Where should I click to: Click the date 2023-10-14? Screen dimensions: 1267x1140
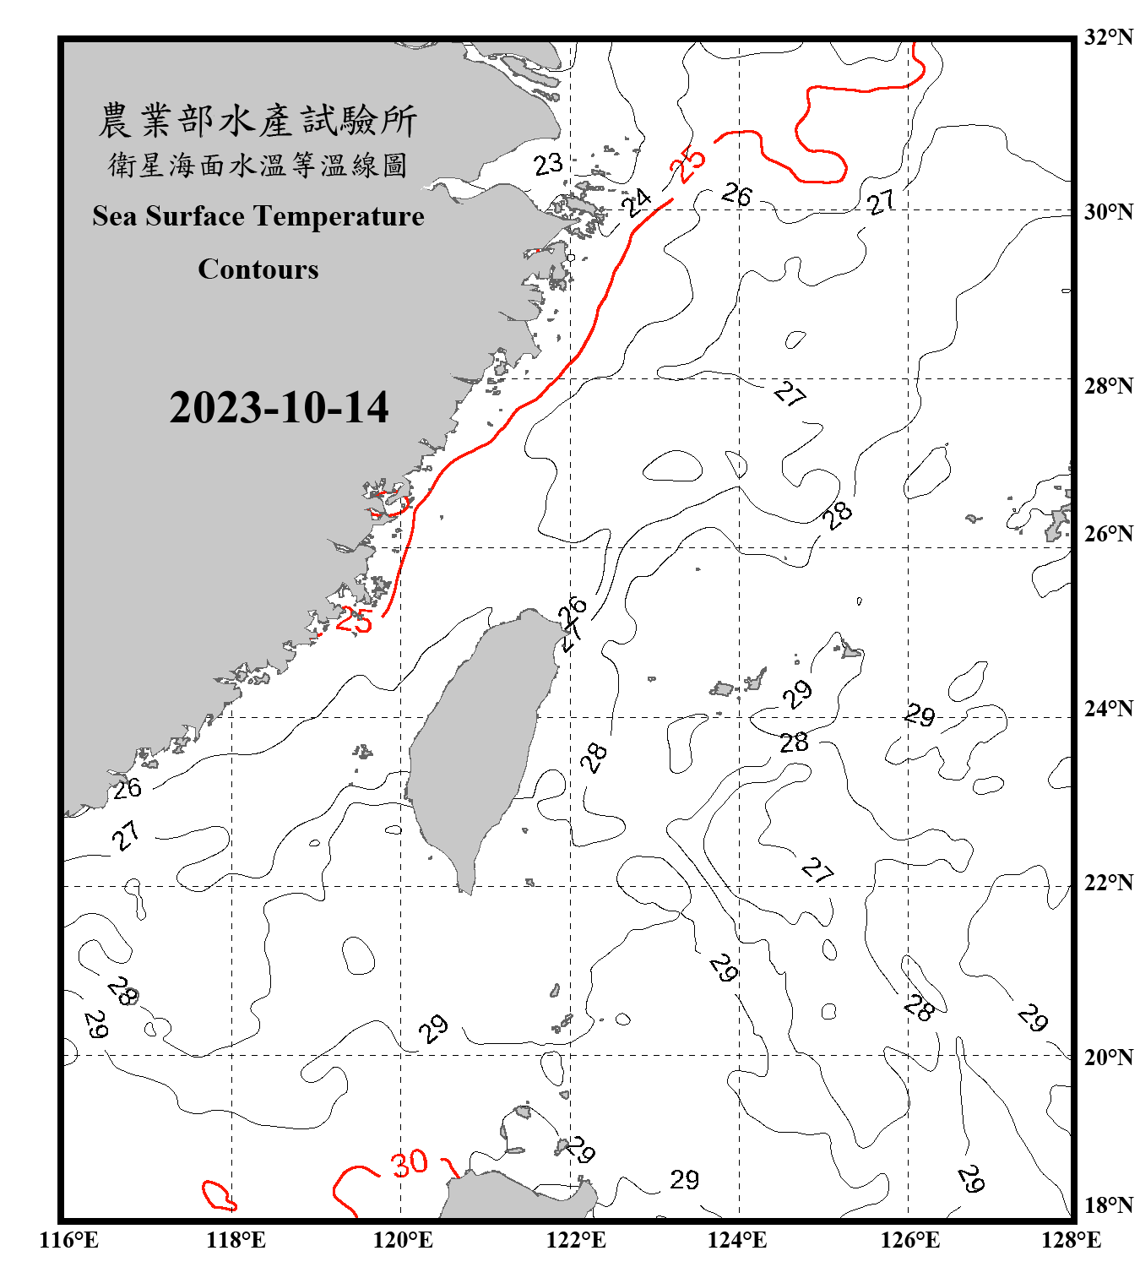coord(279,407)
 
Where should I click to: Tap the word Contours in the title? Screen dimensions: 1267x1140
coord(258,269)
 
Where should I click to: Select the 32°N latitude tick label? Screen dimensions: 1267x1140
coord(1108,37)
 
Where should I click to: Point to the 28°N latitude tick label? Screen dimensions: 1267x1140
coord(1108,386)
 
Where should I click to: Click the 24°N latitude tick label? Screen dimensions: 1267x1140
coord(1108,708)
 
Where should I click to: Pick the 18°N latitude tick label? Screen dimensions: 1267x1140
coord(1108,1204)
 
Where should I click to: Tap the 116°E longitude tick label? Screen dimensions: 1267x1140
coord(69,1240)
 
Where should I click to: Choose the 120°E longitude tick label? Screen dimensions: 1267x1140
coord(403,1240)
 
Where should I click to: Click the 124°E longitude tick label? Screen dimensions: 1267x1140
coord(737,1240)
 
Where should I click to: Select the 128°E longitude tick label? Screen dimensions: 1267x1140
coord(1071,1240)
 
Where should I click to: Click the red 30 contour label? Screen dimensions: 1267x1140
coord(410,1164)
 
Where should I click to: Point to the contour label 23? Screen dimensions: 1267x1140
coord(548,164)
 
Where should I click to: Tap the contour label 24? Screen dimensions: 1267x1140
coord(637,202)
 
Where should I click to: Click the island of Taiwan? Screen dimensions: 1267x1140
coord(481,743)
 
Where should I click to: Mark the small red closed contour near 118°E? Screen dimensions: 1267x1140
coord(218,1195)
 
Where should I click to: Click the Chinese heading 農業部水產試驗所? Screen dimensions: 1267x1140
coord(258,121)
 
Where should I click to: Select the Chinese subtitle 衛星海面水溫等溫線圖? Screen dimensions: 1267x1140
coord(258,166)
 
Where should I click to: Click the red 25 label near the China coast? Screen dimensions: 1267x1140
coord(354,621)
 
